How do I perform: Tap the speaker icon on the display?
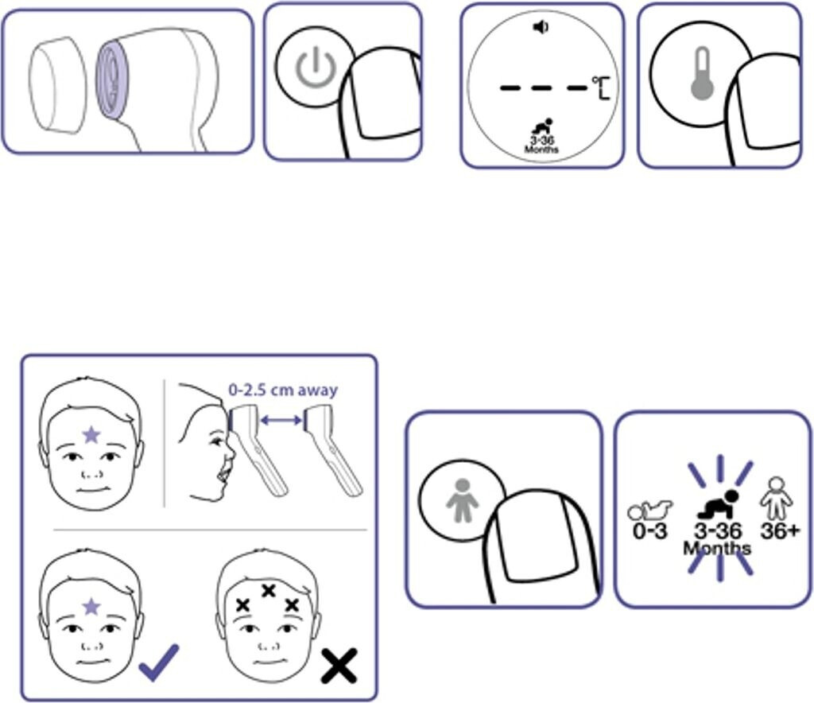pos(541,27)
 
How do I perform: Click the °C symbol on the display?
pos(601,87)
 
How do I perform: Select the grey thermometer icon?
pos(703,74)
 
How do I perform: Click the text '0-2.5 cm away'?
pos(283,390)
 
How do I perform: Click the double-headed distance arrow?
pos(281,420)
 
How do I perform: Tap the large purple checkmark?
pos(159,662)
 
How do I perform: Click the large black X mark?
pos(339,666)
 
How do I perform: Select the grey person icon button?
pos(462,500)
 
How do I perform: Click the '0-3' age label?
pos(650,531)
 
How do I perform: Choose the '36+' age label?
pos(781,530)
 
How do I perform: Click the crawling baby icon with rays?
pos(719,504)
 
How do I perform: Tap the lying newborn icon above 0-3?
pos(650,511)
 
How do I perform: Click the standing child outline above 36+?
pos(776,498)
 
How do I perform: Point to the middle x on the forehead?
pos(268,590)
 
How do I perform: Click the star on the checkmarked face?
pos(91,607)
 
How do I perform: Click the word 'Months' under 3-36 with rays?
pos(717,548)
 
